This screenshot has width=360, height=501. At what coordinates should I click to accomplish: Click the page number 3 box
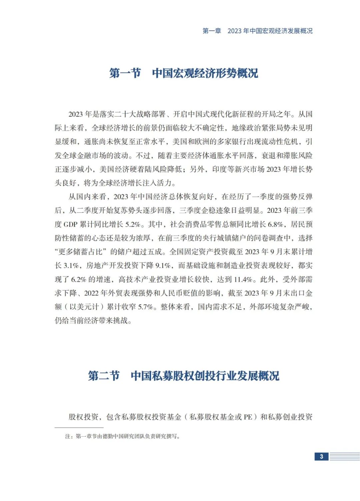click(321, 456)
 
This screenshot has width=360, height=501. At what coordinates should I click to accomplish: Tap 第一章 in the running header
click(212, 31)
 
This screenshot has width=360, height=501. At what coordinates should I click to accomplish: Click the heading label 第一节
click(125, 73)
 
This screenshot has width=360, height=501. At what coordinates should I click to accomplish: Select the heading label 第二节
click(104, 376)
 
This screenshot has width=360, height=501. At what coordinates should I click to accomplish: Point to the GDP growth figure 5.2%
click(133, 224)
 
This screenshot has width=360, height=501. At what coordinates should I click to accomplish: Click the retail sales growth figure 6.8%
click(275, 224)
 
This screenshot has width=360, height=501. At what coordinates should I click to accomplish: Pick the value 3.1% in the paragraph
click(71, 265)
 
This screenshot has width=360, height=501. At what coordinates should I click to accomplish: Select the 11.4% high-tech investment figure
click(243, 279)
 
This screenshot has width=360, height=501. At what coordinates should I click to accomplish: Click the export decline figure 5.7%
click(145, 307)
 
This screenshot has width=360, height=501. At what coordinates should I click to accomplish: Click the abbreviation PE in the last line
click(248, 417)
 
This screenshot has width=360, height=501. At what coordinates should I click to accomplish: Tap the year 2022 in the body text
click(91, 293)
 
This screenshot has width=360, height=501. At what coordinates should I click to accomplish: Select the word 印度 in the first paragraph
click(219, 169)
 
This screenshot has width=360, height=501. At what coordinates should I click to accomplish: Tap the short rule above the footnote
click(79, 427)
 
